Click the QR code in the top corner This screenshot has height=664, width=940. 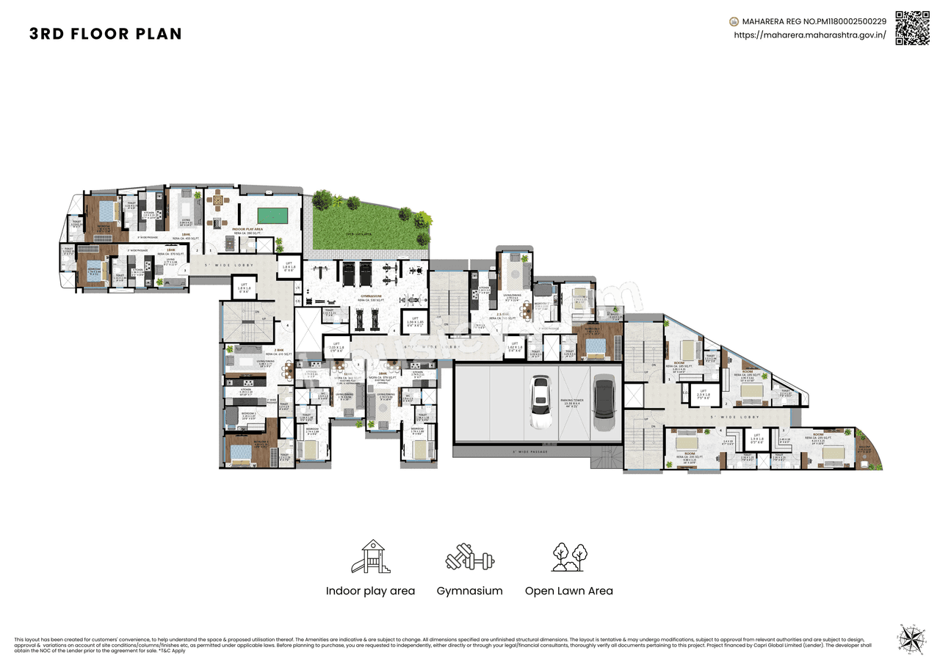911,28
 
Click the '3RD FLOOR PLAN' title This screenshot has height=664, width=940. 106,34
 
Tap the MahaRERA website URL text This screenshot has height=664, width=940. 810,34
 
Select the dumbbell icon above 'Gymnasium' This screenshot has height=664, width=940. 469,558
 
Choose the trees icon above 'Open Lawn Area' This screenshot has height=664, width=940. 568,558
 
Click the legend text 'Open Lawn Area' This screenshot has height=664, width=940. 568,591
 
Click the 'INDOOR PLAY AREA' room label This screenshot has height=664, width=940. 248,229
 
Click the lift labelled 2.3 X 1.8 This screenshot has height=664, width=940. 703,395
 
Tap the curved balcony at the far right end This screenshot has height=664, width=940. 867,449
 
